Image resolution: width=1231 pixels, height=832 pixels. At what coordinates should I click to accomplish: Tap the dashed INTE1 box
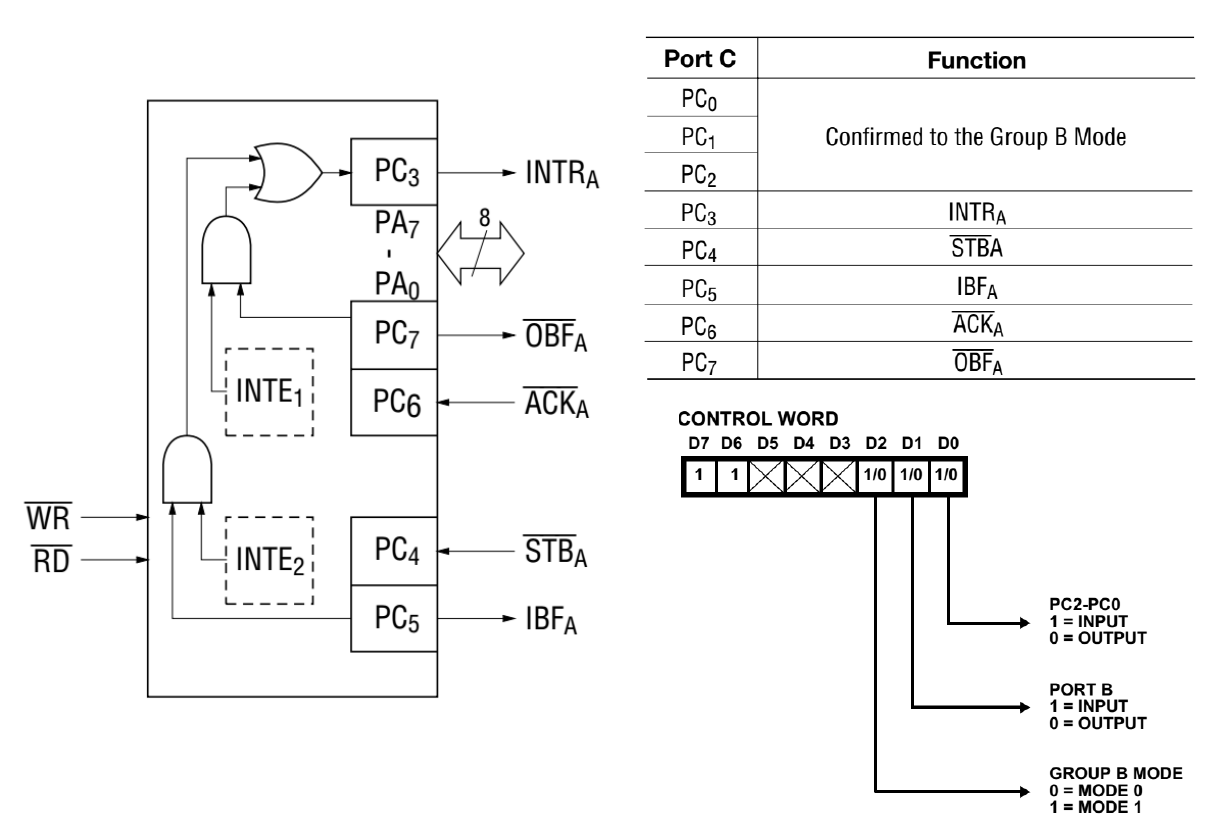click(267, 391)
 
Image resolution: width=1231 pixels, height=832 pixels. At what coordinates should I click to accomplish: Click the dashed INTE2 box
click(267, 561)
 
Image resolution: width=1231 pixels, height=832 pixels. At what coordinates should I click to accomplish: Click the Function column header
click(975, 60)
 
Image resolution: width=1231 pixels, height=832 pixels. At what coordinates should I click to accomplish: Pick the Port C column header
click(701, 60)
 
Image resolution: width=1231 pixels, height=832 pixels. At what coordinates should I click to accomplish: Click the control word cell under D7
click(700, 470)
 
